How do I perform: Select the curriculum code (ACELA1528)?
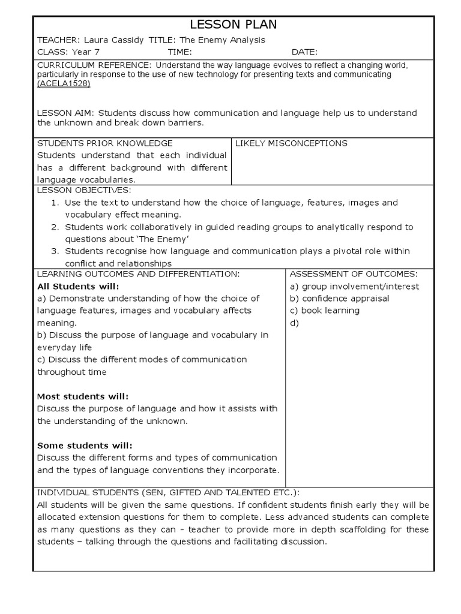(63, 84)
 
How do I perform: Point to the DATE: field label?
(304, 52)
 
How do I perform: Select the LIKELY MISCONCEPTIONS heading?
(291, 143)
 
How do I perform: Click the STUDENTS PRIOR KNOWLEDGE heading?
(105, 143)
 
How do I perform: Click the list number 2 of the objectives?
(54, 227)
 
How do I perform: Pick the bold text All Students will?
(78, 286)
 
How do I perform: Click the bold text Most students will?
(83, 396)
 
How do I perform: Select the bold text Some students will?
(85, 446)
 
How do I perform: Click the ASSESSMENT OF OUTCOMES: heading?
(353, 274)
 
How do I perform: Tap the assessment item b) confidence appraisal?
(339, 298)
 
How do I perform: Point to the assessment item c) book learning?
(325, 311)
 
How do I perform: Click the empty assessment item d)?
(294, 323)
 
